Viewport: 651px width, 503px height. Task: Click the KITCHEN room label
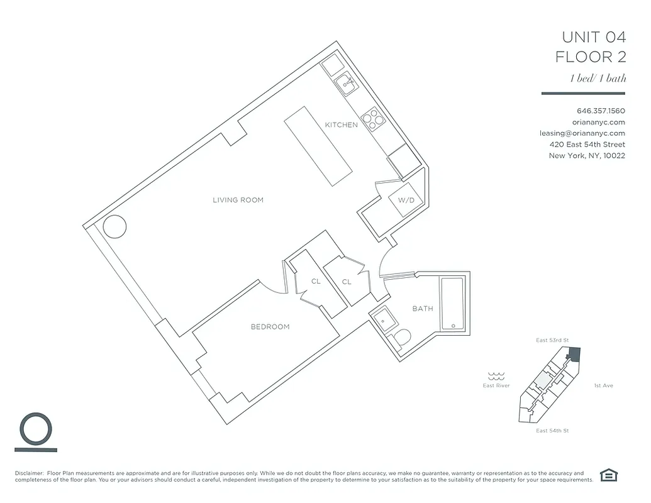click(341, 125)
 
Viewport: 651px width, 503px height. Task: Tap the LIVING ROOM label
click(238, 200)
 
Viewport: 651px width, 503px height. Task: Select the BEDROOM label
click(270, 326)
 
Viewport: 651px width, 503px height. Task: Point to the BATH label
click(422, 309)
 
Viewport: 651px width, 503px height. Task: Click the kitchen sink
click(345, 82)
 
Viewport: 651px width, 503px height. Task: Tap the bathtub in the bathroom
click(452, 304)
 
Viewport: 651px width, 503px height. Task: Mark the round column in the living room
click(116, 225)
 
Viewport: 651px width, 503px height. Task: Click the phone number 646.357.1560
click(601, 111)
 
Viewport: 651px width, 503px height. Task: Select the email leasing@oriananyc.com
click(582, 133)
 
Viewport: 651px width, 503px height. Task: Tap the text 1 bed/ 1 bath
click(598, 79)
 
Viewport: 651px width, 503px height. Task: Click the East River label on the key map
click(496, 385)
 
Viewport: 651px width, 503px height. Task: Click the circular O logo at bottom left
click(36, 429)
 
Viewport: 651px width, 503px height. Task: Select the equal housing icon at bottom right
click(608, 475)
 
